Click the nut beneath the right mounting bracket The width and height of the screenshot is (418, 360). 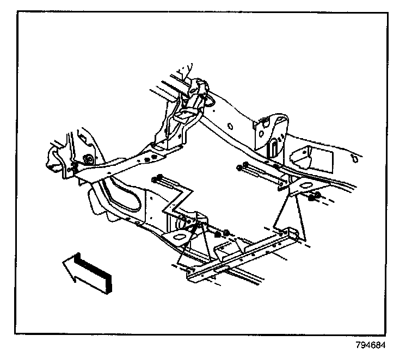(312, 197)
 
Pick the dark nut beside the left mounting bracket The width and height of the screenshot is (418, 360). (219, 235)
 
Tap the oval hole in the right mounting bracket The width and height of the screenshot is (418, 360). (298, 188)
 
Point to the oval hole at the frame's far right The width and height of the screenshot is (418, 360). (354, 160)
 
